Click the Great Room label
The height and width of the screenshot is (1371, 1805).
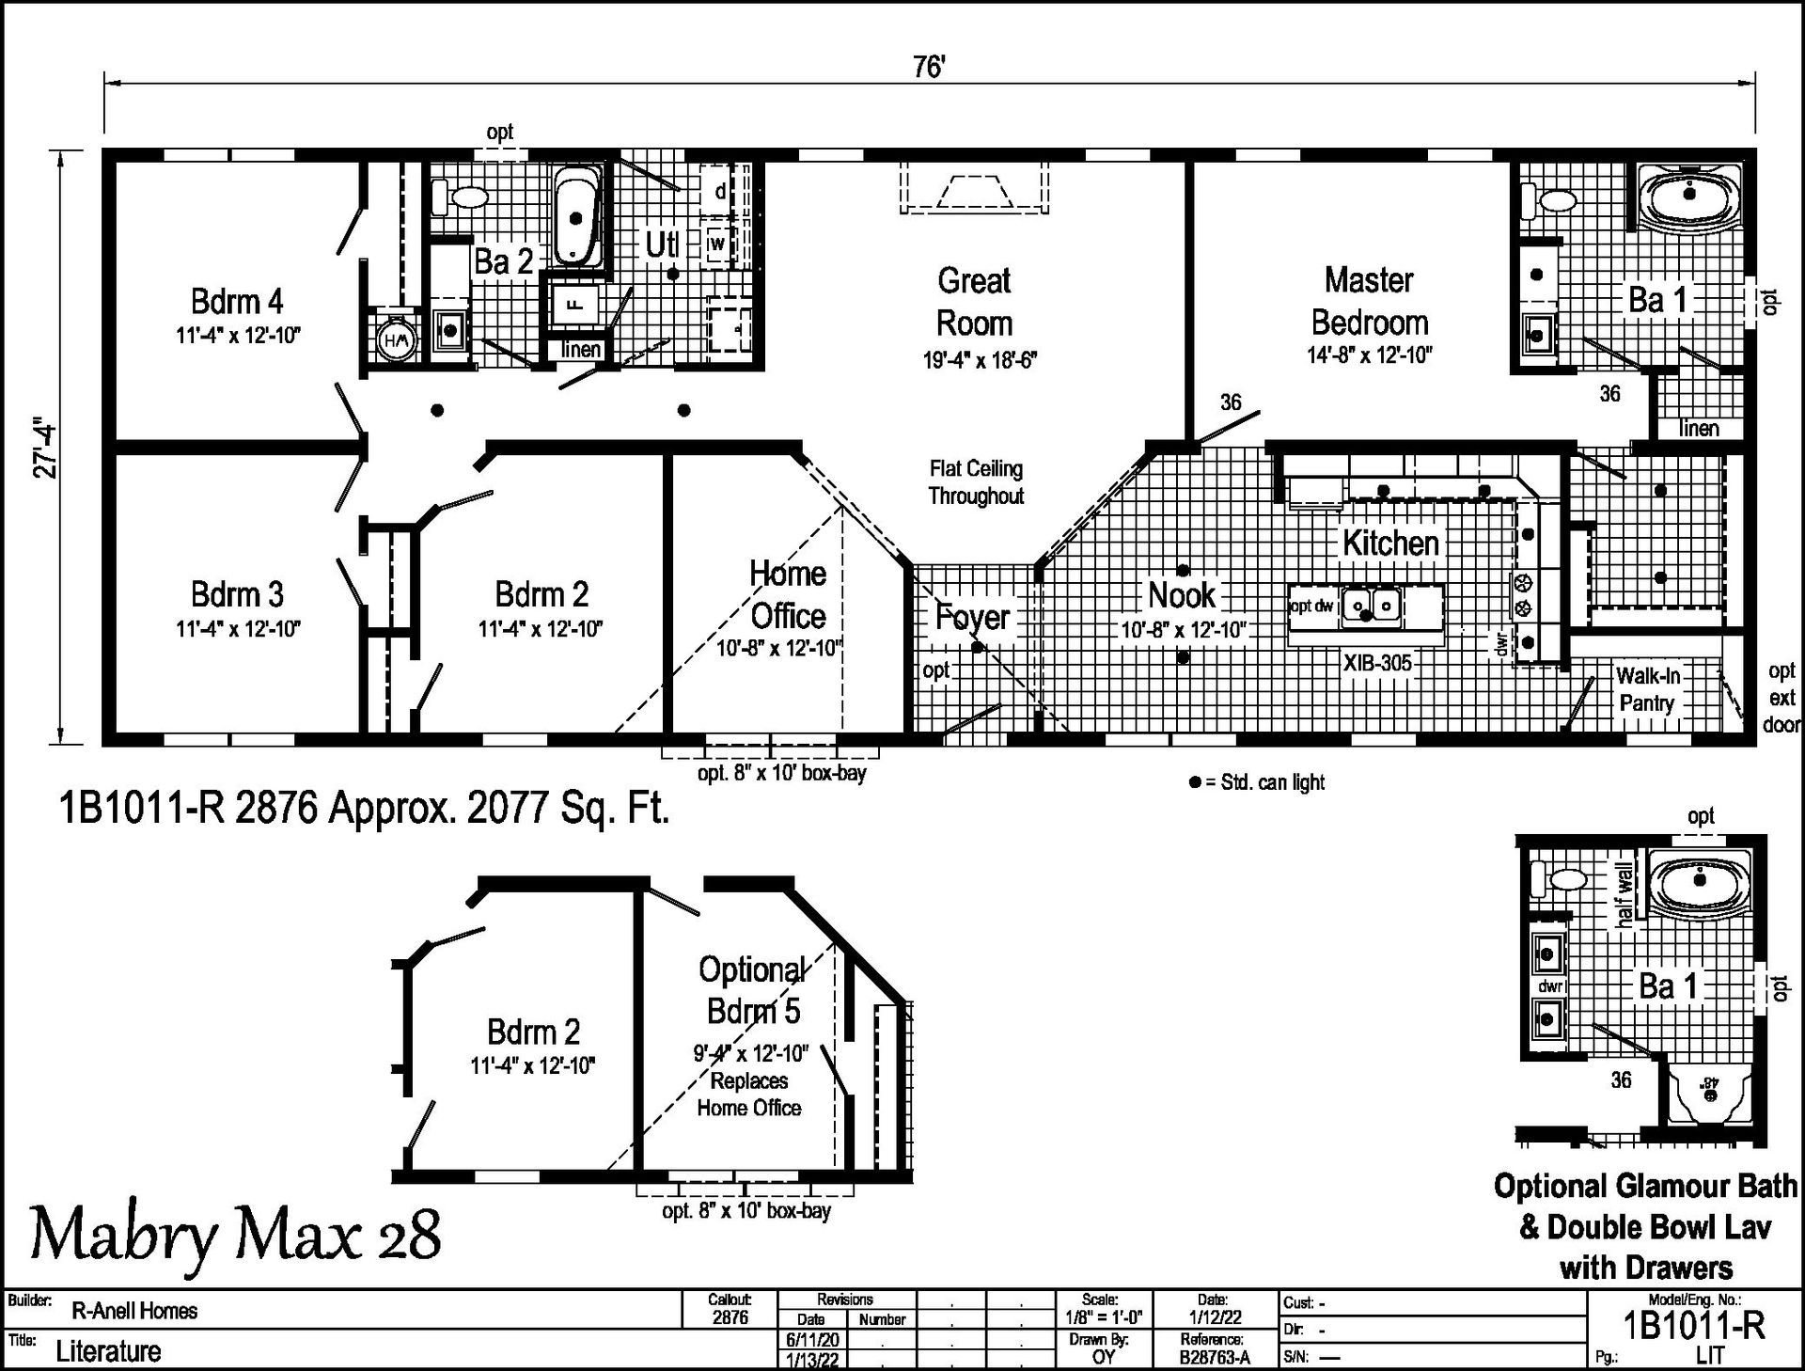tap(975, 301)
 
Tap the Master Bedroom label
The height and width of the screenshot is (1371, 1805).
tap(1369, 301)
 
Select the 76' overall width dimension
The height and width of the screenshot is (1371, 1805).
tap(929, 67)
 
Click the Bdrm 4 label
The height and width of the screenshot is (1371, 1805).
tap(237, 301)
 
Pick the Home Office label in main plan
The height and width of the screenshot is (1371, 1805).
tap(788, 594)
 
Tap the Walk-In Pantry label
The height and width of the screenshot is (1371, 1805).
tap(1647, 689)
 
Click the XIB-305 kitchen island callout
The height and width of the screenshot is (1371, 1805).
tap(1377, 663)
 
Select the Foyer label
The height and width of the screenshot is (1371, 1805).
tap(972, 618)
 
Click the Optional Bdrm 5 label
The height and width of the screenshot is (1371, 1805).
tap(753, 990)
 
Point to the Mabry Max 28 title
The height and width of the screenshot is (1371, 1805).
tap(236, 1235)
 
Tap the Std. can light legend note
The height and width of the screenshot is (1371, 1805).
tap(1257, 782)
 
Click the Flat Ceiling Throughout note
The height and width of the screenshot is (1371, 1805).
tap(976, 482)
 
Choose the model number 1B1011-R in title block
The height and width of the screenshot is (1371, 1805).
tap(1694, 1325)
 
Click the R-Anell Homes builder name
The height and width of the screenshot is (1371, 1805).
tap(134, 1311)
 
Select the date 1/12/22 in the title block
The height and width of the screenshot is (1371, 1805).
tap(1213, 1318)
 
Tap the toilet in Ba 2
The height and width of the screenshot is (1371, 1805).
tap(461, 198)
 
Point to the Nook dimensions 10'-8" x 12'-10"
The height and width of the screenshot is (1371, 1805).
tap(1184, 630)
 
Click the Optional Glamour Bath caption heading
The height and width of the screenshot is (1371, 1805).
tap(1645, 1187)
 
